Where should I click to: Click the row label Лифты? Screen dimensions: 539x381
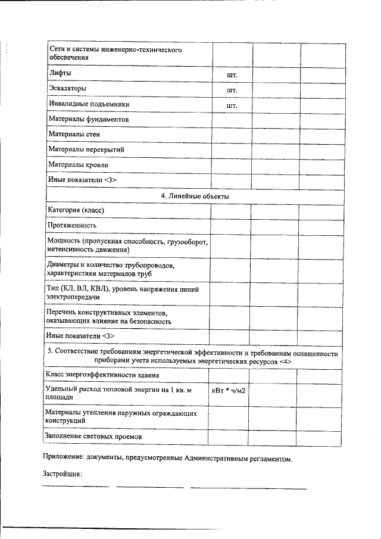click(60, 73)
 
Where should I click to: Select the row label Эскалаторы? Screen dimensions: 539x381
click(67, 88)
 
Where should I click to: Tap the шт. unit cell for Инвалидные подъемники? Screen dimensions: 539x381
click(232, 105)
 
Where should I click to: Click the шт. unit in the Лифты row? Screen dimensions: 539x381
click(232, 75)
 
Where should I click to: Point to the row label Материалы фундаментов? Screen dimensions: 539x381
click(88, 119)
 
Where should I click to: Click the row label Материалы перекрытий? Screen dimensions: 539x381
click(86, 149)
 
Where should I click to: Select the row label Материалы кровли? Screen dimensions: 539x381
click(78, 164)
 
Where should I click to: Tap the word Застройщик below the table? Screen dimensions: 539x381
click(62, 475)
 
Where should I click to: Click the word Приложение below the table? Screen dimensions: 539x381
click(65, 459)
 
